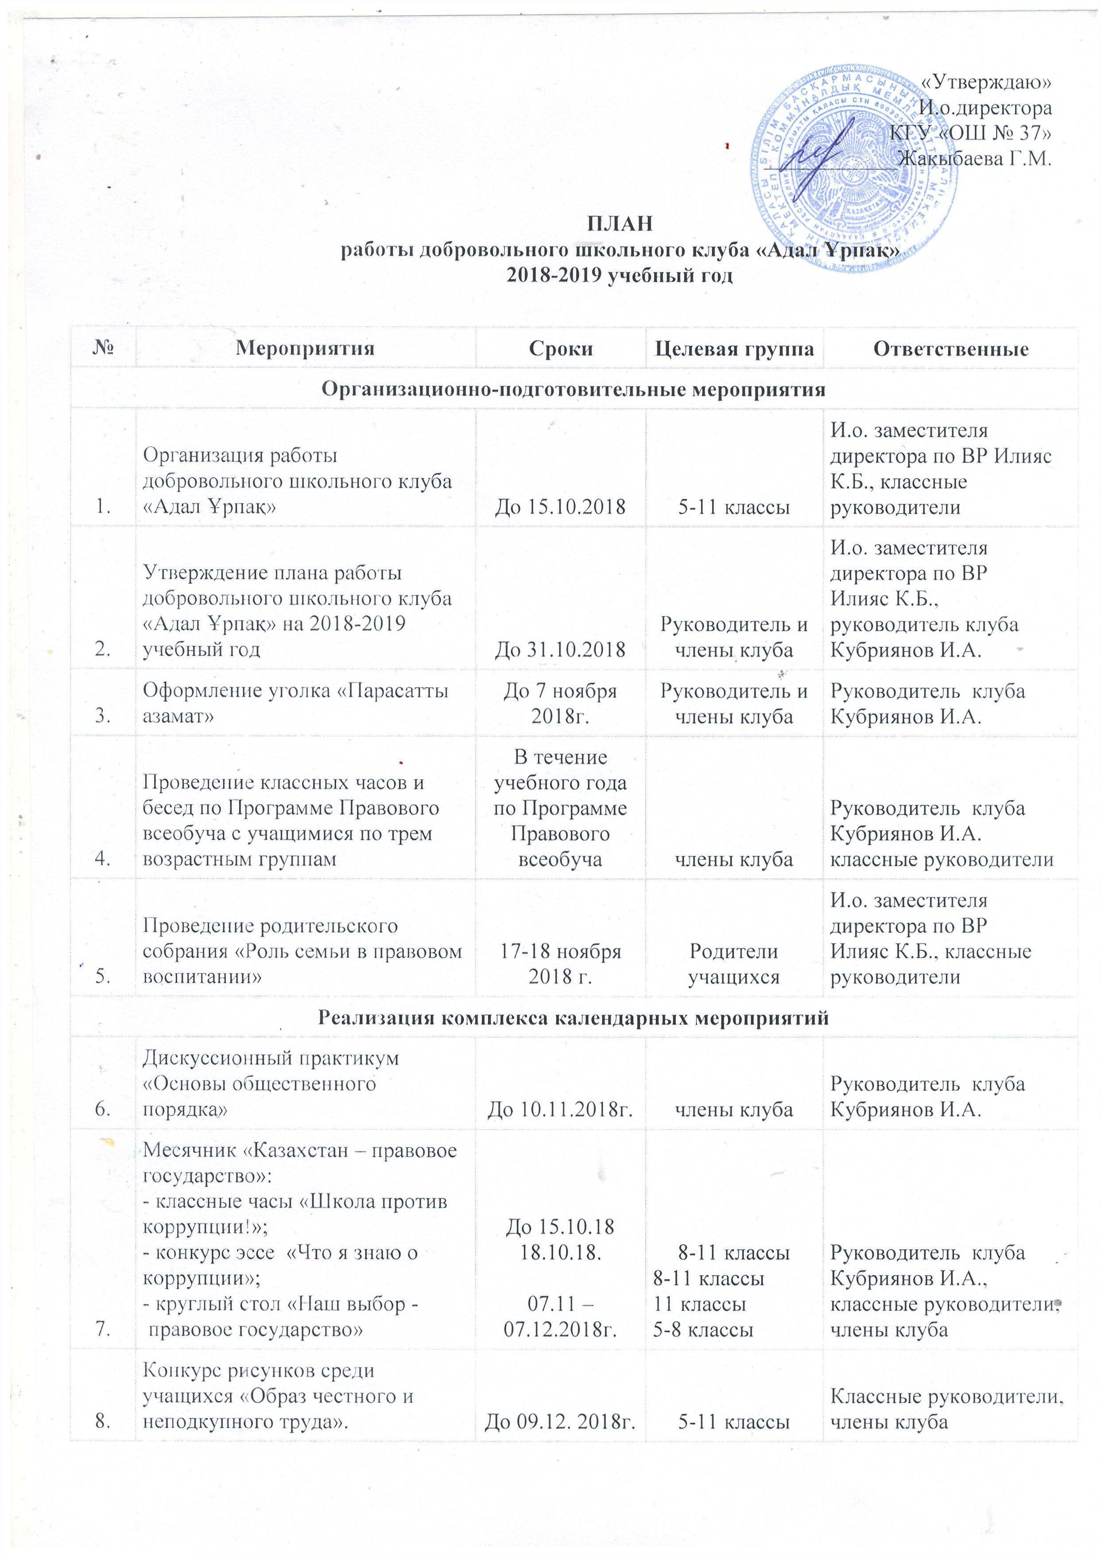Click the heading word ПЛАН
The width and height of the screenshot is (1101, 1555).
620,223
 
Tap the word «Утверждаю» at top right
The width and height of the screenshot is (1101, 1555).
987,81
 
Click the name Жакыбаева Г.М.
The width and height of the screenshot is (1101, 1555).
973,159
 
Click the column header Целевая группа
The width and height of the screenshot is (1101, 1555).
734,348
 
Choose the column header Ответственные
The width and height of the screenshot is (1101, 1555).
950,348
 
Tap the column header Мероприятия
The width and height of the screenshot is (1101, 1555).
305,348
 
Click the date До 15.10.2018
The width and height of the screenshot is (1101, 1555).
560,507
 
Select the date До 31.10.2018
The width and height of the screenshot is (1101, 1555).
560,650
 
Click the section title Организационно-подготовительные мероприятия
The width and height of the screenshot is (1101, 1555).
573,389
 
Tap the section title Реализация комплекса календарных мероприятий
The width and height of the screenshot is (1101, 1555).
573,1018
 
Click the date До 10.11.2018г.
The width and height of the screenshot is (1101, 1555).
560,1110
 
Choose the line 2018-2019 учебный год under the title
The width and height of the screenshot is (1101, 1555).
620,276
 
